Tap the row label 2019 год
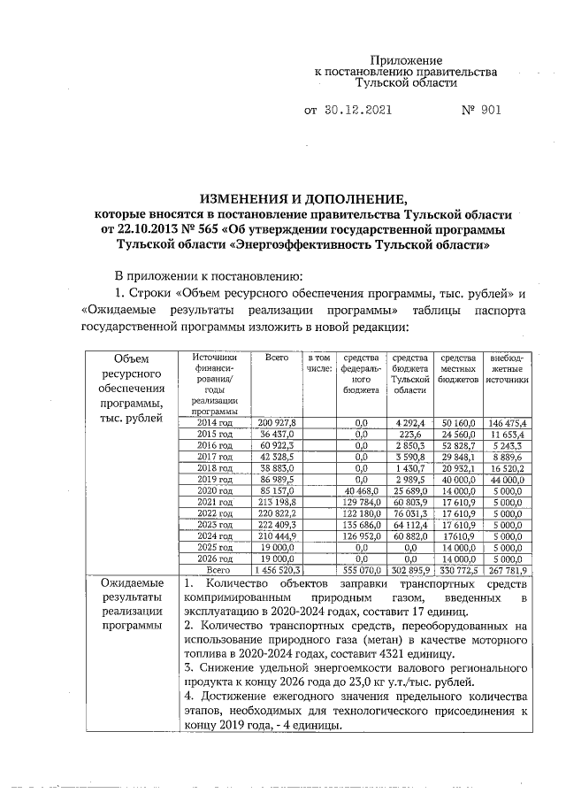click(212, 477)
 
